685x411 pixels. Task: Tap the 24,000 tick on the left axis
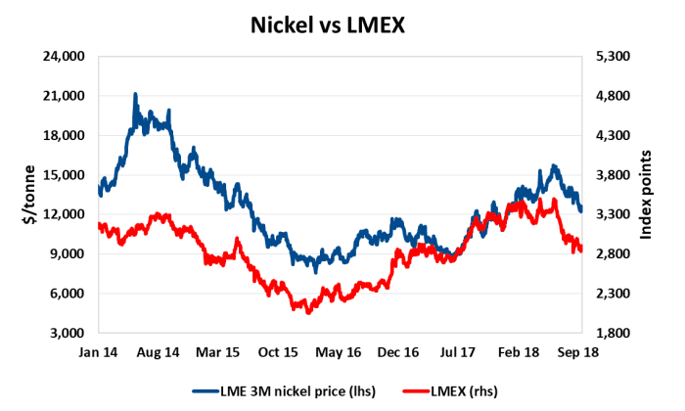click(69, 57)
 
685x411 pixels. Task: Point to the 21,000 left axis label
click(69, 96)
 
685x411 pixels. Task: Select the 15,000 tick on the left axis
click(69, 175)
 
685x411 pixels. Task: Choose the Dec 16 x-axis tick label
click(399, 350)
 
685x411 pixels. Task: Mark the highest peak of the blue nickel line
click(135, 94)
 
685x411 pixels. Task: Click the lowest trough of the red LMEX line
click(307, 312)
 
